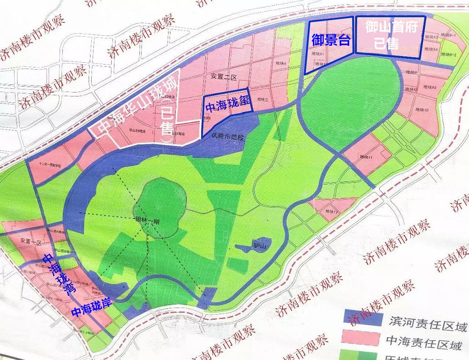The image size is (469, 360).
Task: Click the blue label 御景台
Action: click(331, 40)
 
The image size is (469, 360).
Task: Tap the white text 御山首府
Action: click(391, 28)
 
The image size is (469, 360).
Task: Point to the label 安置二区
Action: click(223, 76)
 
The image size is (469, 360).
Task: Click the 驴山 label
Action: click(260, 246)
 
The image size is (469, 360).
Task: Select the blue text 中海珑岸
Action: click(90, 312)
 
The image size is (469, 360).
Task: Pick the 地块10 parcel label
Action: click(421, 110)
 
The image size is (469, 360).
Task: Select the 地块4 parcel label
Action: click(279, 63)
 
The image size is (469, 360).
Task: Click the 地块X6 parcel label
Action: click(430, 87)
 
